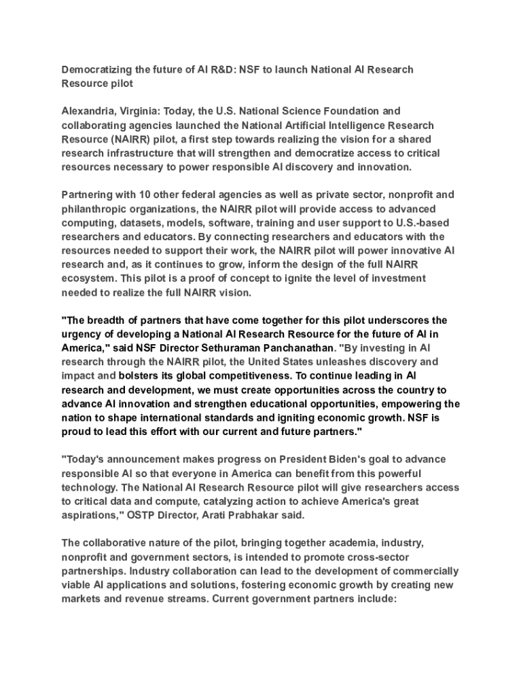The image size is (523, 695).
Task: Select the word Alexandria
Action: point(90,111)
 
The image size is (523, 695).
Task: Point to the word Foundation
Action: point(346,111)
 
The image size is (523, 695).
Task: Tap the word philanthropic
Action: point(97,208)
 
